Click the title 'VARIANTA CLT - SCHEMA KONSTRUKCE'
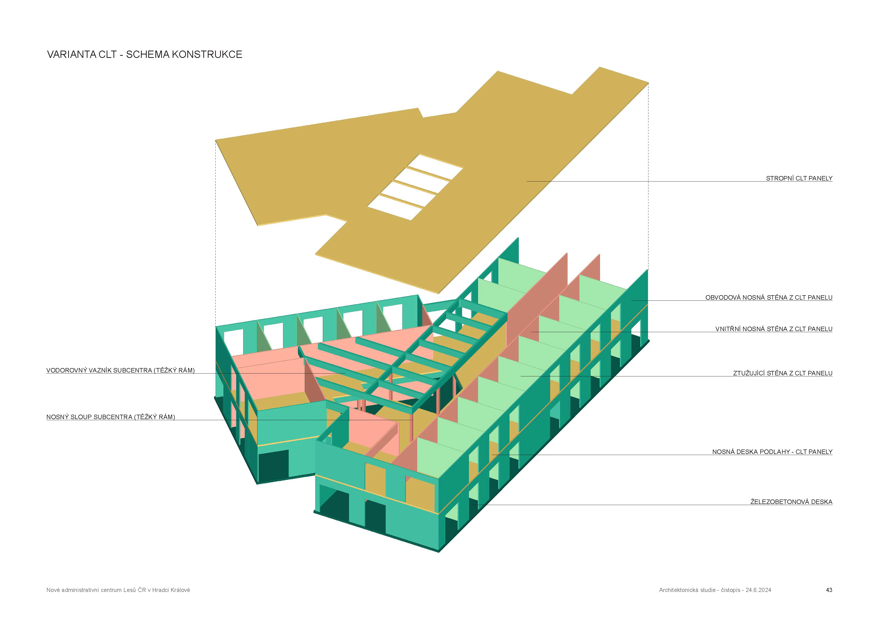tap(144, 54)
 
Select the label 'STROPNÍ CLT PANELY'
tap(799, 178)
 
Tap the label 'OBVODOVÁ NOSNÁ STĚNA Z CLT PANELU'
tap(768, 298)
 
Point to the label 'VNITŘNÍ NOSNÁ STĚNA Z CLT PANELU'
tap(774, 329)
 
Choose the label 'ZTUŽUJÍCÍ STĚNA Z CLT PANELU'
tap(782, 373)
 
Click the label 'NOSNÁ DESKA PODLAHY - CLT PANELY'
tap(772, 452)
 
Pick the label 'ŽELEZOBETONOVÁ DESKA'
tap(791, 502)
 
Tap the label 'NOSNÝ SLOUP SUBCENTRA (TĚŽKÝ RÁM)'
tap(111, 417)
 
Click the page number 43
tap(829, 590)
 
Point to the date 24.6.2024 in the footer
tap(758, 590)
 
